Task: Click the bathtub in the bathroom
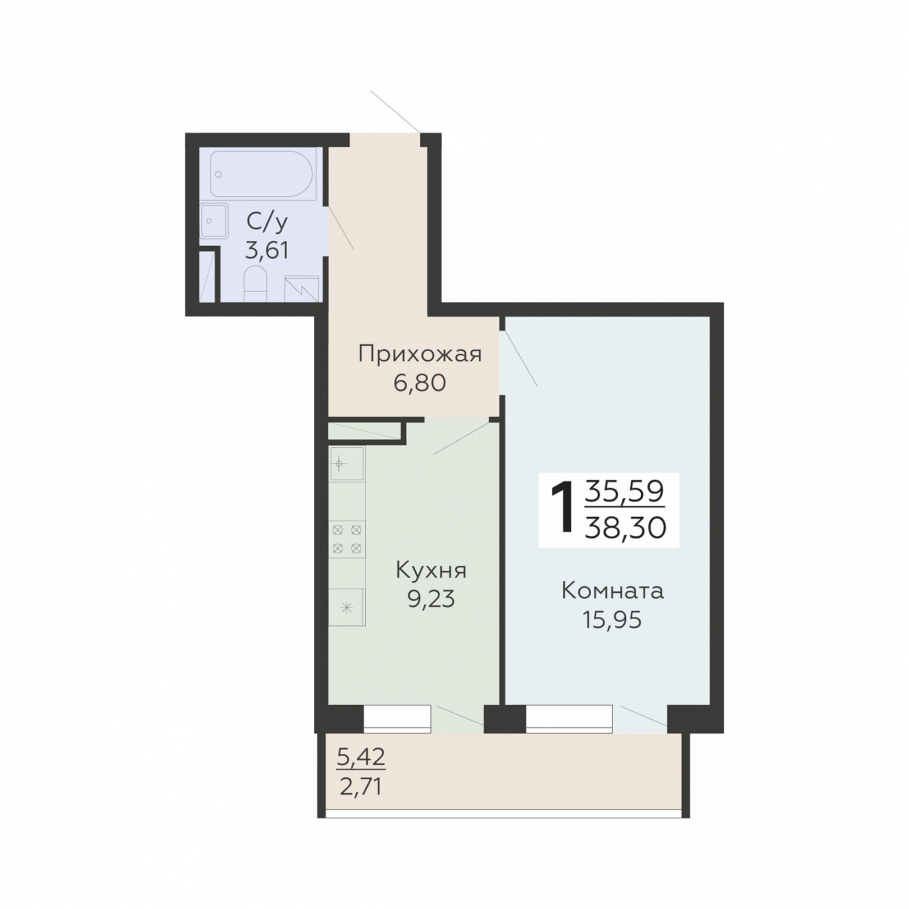click(261, 173)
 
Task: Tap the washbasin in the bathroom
click(214, 221)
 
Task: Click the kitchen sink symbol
click(347, 464)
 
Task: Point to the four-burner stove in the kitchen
click(347, 539)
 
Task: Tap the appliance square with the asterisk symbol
click(347, 607)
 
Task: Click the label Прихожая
click(420, 355)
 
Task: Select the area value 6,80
click(420, 383)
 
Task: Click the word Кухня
click(431, 570)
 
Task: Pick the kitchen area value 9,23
click(431, 599)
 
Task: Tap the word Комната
click(613, 591)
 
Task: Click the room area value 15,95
click(612, 620)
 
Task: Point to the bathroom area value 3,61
click(267, 250)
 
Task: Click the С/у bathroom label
click(267, 222)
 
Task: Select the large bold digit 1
click(563, 507)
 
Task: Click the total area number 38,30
click(626, 527)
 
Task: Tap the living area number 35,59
click(625, 492)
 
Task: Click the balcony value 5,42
click(361, 757)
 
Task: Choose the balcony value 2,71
click(361, 787)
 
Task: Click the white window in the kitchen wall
click(397, 719)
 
